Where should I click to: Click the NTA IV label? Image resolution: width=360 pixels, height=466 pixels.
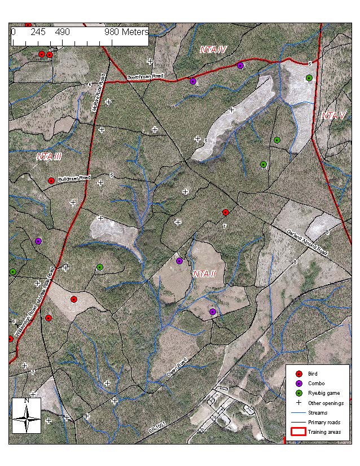coord(213,50)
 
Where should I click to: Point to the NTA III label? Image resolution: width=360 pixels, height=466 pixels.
coord(49,156)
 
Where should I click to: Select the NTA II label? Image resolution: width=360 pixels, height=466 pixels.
coord(205,273)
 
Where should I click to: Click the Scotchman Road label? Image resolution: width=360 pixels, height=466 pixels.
coord(145,77)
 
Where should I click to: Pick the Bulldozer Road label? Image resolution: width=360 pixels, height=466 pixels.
coord(74,178)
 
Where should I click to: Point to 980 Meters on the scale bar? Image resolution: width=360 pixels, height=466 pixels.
coord(126,32)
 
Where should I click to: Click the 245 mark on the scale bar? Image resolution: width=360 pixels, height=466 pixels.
coord(38,32)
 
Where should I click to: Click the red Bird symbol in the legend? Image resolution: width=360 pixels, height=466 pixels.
coord(299,373)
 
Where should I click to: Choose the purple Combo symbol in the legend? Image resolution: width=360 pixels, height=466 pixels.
coord(299,384)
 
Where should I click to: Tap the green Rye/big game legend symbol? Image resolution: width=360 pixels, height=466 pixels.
coord(299,393)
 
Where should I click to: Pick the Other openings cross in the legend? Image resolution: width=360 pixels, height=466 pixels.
coord(299,403)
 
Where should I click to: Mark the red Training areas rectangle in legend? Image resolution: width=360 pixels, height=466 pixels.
coord(298,432)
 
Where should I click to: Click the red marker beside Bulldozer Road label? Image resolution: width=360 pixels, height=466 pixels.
coord(51,181)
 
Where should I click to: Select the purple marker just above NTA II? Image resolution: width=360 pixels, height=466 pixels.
coord(179,261)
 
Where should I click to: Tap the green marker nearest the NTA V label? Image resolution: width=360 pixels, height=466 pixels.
coord(309,78)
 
